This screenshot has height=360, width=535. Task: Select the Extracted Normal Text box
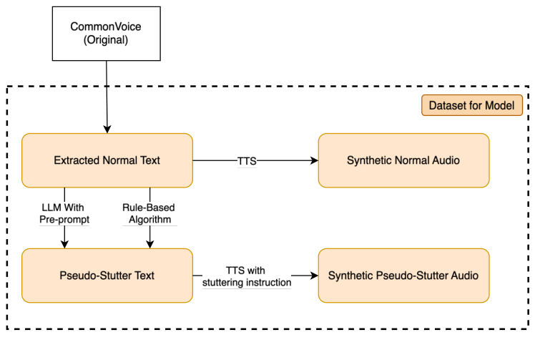(107, 160)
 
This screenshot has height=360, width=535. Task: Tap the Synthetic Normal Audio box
(403, 160)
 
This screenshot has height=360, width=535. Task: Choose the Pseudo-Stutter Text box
(107, 276)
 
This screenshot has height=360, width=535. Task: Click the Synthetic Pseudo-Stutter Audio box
(403, 276)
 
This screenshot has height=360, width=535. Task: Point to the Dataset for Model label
(471, 106)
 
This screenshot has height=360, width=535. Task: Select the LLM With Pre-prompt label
(64, 213)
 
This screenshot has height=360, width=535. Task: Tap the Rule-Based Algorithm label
(149, 213)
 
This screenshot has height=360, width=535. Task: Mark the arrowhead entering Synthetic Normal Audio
(314, 161)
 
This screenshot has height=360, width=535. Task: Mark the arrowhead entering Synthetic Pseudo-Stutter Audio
(314, 276)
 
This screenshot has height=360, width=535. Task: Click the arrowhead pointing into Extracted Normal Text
(107, 129)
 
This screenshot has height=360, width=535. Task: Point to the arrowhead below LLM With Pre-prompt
(64, 244)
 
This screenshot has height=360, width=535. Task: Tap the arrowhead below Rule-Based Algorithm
(149, 244)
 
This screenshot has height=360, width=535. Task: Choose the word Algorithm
(149, 219)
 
